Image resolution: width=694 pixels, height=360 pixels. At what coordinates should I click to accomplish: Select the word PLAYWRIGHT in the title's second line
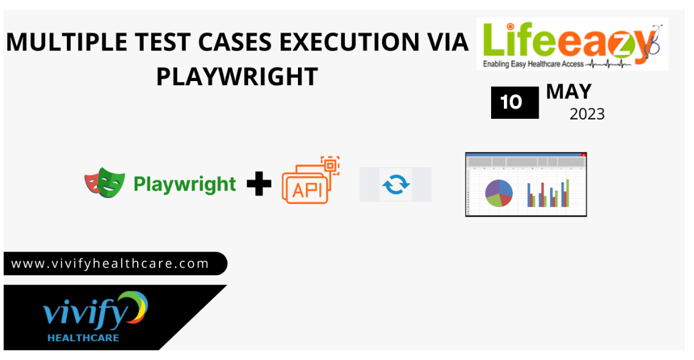(x=237, y=77)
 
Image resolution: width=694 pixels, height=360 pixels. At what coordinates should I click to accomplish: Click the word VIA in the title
(x=448, y=43)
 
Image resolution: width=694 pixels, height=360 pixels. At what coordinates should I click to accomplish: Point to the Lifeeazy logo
(x=572, y=44)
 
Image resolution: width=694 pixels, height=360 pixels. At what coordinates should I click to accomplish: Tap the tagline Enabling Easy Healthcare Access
(x=533, y=64)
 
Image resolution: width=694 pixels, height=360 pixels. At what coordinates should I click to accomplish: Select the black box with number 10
(x=515, y=102)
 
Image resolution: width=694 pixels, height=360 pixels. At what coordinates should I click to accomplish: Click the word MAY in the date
(x=568, y=92)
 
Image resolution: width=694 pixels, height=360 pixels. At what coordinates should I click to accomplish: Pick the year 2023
(x=587, y=114)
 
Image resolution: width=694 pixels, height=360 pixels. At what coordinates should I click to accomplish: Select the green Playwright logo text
(x=185, y=185)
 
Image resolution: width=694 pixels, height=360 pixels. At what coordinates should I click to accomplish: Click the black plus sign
(x=259, y=183)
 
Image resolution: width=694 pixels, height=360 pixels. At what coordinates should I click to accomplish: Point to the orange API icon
(x=310, y=180)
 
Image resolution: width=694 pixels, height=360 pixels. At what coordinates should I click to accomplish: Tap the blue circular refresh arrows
(x=395, y=185)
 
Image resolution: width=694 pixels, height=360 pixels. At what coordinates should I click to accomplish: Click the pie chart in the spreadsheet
(x=499, y=193)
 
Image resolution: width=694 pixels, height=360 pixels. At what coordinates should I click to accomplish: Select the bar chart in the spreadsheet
(x=548, y=193)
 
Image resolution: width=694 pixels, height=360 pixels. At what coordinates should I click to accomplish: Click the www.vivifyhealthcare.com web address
(x=110, y=264)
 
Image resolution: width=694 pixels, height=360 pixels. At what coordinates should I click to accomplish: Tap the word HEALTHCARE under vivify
(x=83, y=338)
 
